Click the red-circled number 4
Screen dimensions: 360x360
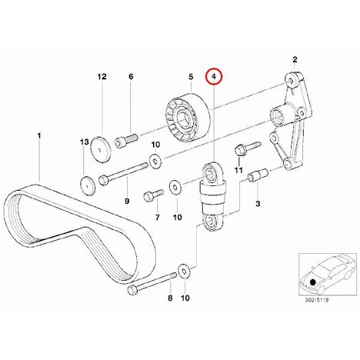coord(215,76)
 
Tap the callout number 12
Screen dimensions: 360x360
coord(102,76)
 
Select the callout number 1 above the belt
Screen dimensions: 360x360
coord(39,135)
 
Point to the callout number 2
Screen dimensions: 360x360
coord(295,60)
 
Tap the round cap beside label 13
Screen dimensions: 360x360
coord(88,186)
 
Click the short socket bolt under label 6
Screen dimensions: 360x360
coord(127,140)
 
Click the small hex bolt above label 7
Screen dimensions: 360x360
coord(153,195)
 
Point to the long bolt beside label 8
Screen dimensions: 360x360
coord(152,282)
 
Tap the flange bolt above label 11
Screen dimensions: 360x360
coord(248,148)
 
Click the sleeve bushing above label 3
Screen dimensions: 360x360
coord(258,175)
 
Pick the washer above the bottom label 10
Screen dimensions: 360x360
coord(184,272)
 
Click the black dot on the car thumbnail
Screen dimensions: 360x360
coord(312,282)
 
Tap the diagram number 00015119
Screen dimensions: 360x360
coord(316,300)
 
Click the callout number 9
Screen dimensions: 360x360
coord(127,202)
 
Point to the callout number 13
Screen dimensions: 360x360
coord(85,142)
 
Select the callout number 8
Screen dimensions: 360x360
coord(170,298)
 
